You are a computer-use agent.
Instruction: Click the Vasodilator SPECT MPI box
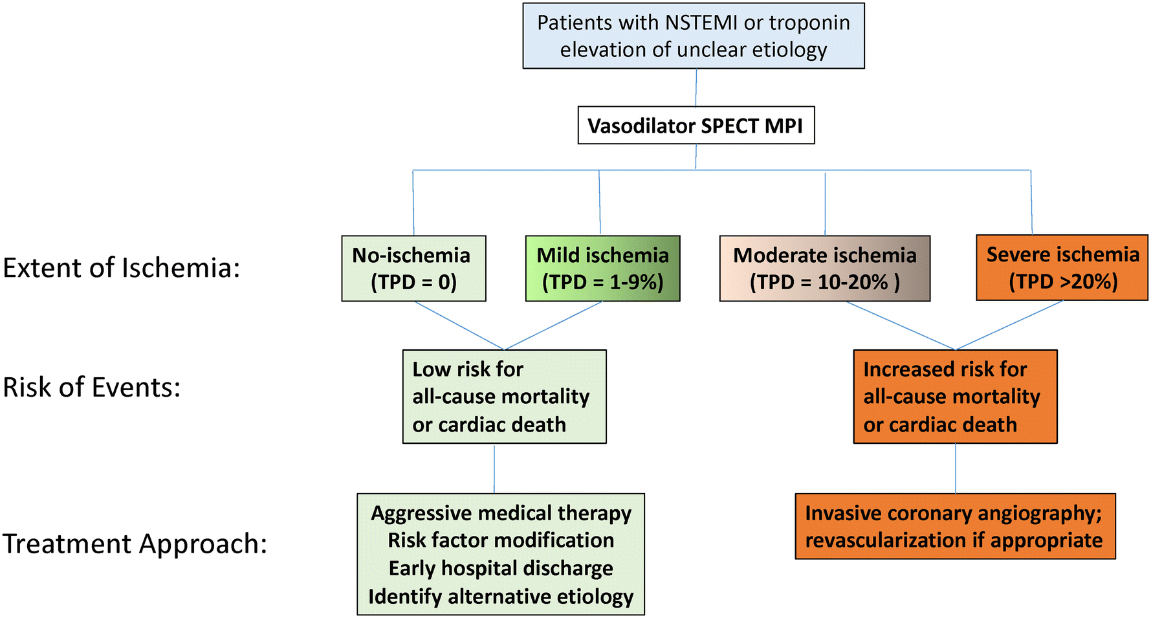[696, 126]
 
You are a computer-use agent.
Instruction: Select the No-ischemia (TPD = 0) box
[413, 269]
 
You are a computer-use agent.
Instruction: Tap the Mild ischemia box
[602, 269]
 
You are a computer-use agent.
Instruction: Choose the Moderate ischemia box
[824, 269]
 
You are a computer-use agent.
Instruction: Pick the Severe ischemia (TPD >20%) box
[1062, 268]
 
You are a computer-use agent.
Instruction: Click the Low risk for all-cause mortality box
[504, 397]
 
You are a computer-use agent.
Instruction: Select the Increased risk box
[955, 397]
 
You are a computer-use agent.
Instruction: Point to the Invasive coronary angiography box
[955, 526]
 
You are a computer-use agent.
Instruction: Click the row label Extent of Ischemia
[122, 268]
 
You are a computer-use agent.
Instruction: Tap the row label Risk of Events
[92, 387]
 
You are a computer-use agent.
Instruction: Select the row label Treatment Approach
[135, 544]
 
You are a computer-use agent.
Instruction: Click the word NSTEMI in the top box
[692, 23]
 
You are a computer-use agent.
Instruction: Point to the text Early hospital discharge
[501, 568]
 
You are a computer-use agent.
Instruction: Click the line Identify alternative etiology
[501, 596]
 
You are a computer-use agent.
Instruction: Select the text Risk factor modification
[501, 540]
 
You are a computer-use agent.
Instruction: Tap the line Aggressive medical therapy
[501, 513]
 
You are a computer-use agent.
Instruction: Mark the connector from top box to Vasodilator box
[696, 88]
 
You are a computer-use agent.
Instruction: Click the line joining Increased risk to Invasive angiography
[956, 469]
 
